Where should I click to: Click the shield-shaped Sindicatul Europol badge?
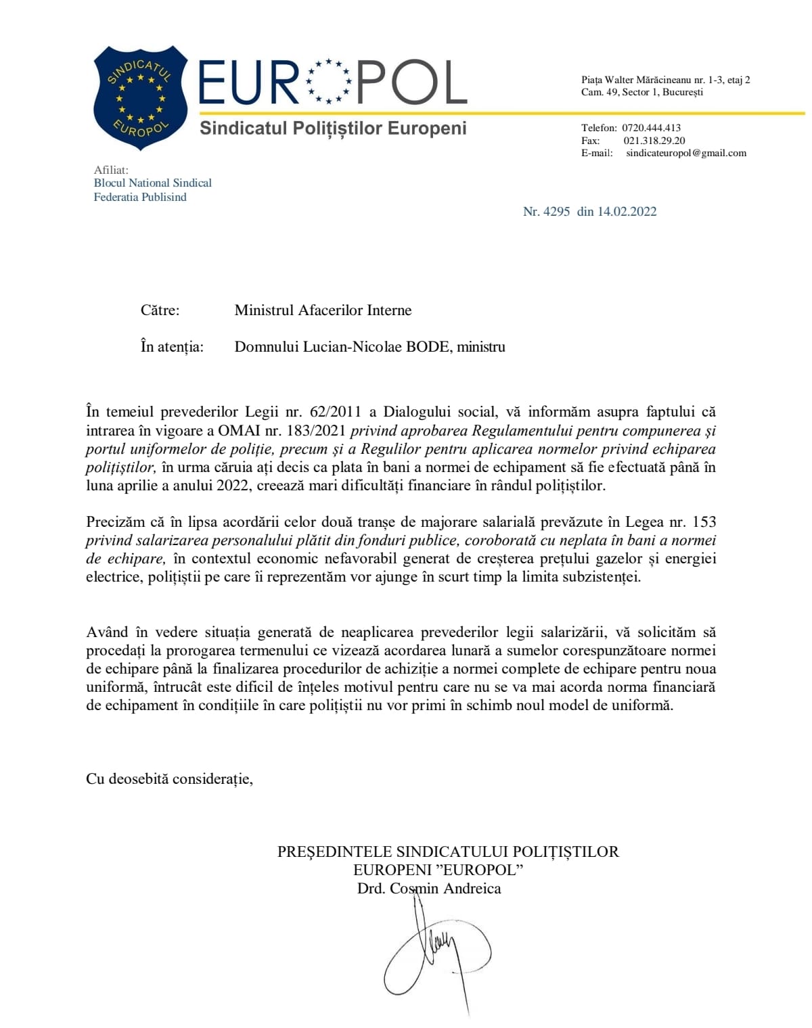click(x=140, y=97)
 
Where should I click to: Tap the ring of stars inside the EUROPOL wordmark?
click(x=328, y=81)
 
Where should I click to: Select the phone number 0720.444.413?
click(x=651, y=128)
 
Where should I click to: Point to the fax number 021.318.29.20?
click(x=654, y=141)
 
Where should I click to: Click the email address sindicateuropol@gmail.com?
click(x=686, y=153)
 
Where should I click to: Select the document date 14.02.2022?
click(x=627, y=212)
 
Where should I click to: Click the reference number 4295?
click(x=556, y=212)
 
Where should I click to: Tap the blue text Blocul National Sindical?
click(x=152, y=183)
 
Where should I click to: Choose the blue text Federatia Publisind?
click(x=140, y=197)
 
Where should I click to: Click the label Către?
click(x=160, y=310)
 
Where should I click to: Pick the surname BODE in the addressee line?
click(x=428, y=347)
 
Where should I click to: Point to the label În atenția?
click(x=172, y=347)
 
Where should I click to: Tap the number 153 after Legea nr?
click(x=703, y=522)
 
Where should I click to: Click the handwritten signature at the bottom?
click(x=436, y=954)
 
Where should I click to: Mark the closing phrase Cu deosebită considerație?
click(x=168, y=779)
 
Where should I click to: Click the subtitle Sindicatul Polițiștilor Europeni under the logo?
click(x=333, y=128)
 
